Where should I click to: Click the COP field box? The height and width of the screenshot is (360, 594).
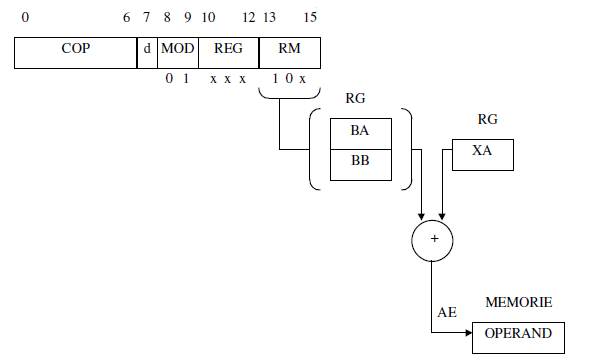click(75, 53)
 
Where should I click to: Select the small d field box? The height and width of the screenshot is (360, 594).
click(147, 53)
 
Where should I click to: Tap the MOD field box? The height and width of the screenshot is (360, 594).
click(178, 53)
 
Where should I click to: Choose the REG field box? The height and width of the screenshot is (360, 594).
click(228, 53)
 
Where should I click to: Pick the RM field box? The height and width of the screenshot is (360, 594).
click(288, 53)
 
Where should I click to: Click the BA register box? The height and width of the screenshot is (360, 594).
click(361, 131)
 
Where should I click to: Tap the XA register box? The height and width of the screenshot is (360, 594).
click(483, 153)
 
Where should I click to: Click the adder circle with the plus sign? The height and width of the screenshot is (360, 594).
click(432, 240)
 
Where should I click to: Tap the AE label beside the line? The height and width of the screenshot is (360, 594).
click(447, 313)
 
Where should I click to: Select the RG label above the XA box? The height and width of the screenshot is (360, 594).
click(488, 119)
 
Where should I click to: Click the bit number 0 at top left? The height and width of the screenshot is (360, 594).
click(25, 18)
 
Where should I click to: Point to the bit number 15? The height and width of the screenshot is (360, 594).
click(310, 18)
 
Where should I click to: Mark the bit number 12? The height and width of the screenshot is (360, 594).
click(248, 18)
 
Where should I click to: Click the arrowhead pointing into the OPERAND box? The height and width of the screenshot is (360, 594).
click(469, 336)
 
